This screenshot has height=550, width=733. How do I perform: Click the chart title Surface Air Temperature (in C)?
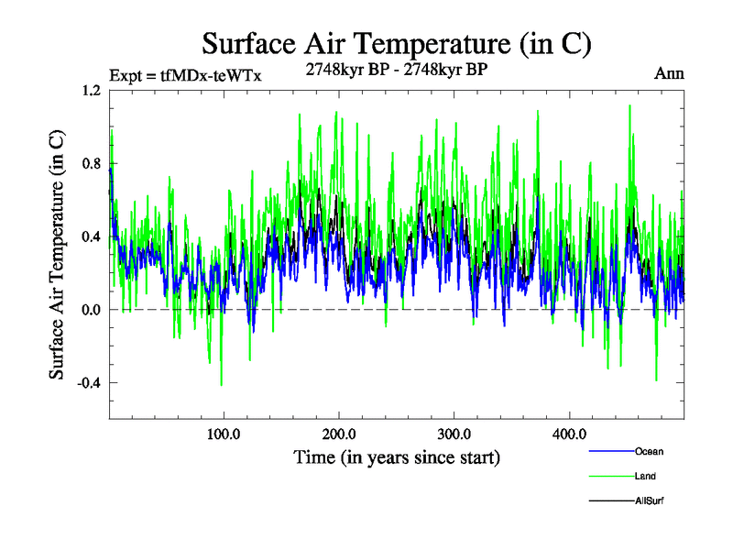(396, 43)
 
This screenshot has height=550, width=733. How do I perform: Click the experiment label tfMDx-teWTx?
(185, 76)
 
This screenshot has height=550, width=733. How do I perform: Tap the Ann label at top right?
(670, 72)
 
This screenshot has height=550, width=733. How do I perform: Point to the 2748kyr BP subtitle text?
(396, 67)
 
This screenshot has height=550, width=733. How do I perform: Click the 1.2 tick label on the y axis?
(90, 91)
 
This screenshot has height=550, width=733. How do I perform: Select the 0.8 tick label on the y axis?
(90, 163)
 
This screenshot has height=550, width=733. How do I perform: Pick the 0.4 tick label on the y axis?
(90, 236)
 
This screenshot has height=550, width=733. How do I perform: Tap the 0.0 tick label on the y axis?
(90, 310)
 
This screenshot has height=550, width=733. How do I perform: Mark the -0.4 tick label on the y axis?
(88, 383)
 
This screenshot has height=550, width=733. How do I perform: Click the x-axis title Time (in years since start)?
(397, 456)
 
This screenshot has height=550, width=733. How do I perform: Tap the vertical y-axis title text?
(57, 255)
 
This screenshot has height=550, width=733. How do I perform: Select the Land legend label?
(645, 476)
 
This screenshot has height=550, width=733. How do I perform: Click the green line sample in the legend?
(609, 476)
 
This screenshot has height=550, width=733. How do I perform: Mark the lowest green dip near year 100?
(221, 385)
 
